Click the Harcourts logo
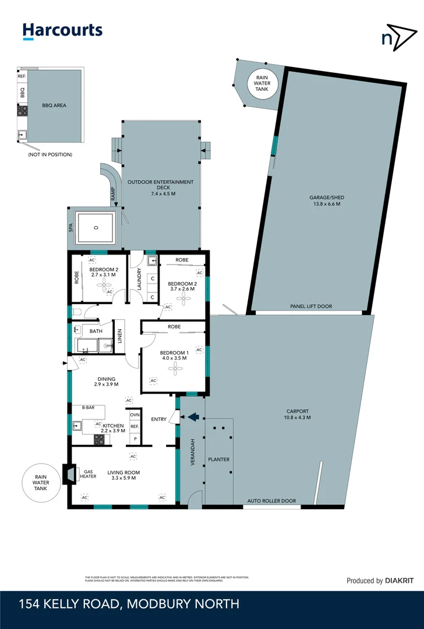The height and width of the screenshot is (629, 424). (62, 31)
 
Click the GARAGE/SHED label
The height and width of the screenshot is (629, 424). (324, 200)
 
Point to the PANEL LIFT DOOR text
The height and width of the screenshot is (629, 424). (311, 306)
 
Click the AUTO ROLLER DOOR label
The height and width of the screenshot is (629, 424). (271, 500)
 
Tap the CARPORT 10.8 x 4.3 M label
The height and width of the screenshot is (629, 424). (296, 414)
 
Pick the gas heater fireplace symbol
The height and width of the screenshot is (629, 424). (69, 473)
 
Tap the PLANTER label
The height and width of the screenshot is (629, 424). (218, 460)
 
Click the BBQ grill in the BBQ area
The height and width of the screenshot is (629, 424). (22, 110)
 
